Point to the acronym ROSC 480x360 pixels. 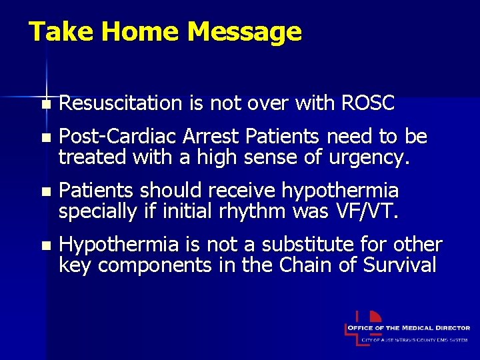[367, 103]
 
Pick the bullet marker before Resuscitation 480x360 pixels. [45, 105]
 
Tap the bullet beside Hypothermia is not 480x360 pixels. [45, 246]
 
